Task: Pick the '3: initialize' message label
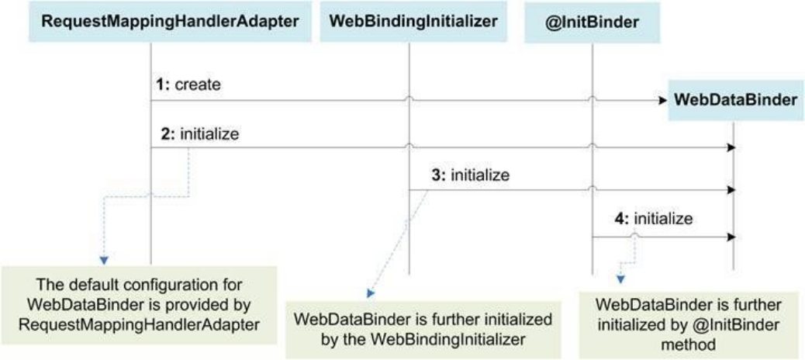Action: (471, 175)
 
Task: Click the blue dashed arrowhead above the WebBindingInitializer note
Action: (369, 295)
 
